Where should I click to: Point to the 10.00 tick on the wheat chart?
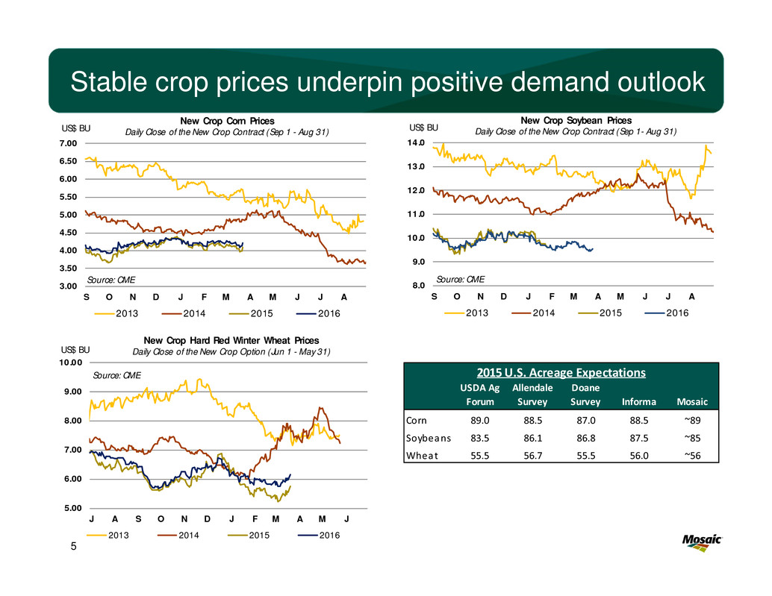(75, 363)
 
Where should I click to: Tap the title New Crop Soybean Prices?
(576, 120)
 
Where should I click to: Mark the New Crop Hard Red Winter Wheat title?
(231, 340)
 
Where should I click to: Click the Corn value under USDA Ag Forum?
(481, 421)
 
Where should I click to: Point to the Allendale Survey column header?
(532, 395)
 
